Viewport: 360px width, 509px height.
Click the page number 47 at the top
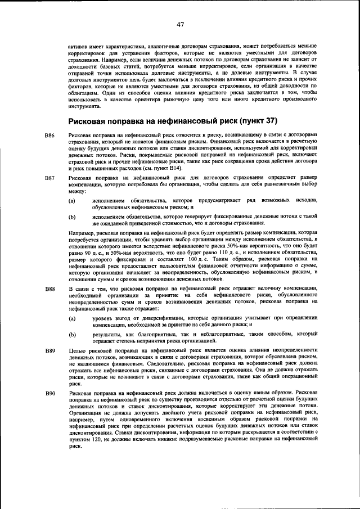tap(180, 24)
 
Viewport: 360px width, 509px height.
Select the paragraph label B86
tap(49, 136)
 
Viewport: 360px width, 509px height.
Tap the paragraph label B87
tap(49, 178)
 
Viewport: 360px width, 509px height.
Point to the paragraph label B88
tap(49, 289)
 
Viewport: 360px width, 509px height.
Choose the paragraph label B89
tap(49, 350)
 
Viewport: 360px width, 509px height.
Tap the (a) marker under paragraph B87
tap(71, 201)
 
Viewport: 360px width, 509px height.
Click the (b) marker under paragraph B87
tap(71, 217)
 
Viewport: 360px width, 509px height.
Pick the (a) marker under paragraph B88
tap(71, 318)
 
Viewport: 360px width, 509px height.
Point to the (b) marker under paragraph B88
tap(71, 335)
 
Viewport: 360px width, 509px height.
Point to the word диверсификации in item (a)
tap(147, 318)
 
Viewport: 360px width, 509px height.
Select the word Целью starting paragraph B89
tap(76, 350)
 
